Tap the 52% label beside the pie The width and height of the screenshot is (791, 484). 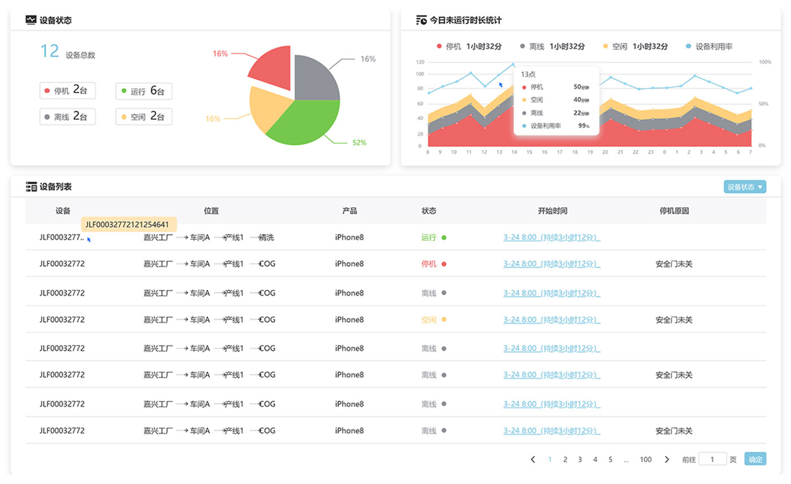pyautogui.click(x=359, y=142)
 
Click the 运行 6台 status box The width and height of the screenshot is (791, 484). pyautogui.click(x=144, y=91)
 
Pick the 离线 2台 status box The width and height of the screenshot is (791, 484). pyautogui.click(x=68, y=117)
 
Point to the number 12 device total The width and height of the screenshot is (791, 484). pyautogui.click(x=50, y=51)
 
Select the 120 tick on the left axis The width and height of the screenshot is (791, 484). pyautogui.click(x=420, y=62)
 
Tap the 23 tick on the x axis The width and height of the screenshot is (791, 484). pyautogui.click(x=651, y=152)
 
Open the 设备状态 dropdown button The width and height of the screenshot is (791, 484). pyautogui.click(x=745, y=187)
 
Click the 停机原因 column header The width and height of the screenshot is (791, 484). pyautogui.click(x=674, y=211)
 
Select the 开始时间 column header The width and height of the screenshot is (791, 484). pyautogui.click(x=552, y=211)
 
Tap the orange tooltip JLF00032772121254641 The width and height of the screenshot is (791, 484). pyautogui.click(x=129, y=224)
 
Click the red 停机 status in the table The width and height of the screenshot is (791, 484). pyautogui.click(x=429, y=263)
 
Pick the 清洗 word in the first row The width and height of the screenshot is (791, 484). pyautogui.click(x=266, y=237)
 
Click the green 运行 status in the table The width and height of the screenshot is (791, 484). pyautogui.click(x=429, y=237)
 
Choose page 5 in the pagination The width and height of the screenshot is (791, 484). pyautogui.click(x=610, y=460)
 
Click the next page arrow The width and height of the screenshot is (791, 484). pyautogui.click(x=667, y=460)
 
